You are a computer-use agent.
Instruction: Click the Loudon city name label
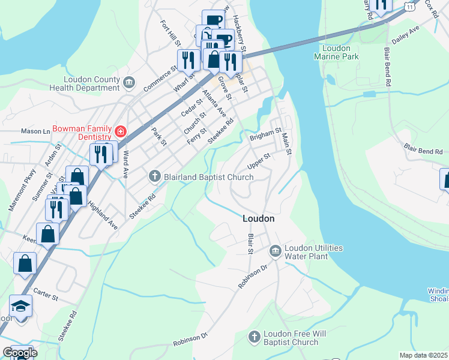point(259,219)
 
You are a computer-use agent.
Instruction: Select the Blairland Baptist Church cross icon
point(155,176)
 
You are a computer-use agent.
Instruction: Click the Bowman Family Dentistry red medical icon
point(121,131)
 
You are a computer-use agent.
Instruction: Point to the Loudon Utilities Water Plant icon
point(275,250)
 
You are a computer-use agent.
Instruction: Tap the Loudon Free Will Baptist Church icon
point(255,337)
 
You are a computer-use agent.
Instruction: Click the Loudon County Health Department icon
point(128,81)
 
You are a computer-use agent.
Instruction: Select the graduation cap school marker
point(20,306)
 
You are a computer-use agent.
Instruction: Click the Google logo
point(19,353)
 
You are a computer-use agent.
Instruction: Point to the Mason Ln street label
point(35,131)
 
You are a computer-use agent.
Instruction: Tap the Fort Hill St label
point(170,34)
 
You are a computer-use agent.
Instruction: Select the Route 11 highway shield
point(409,5)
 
